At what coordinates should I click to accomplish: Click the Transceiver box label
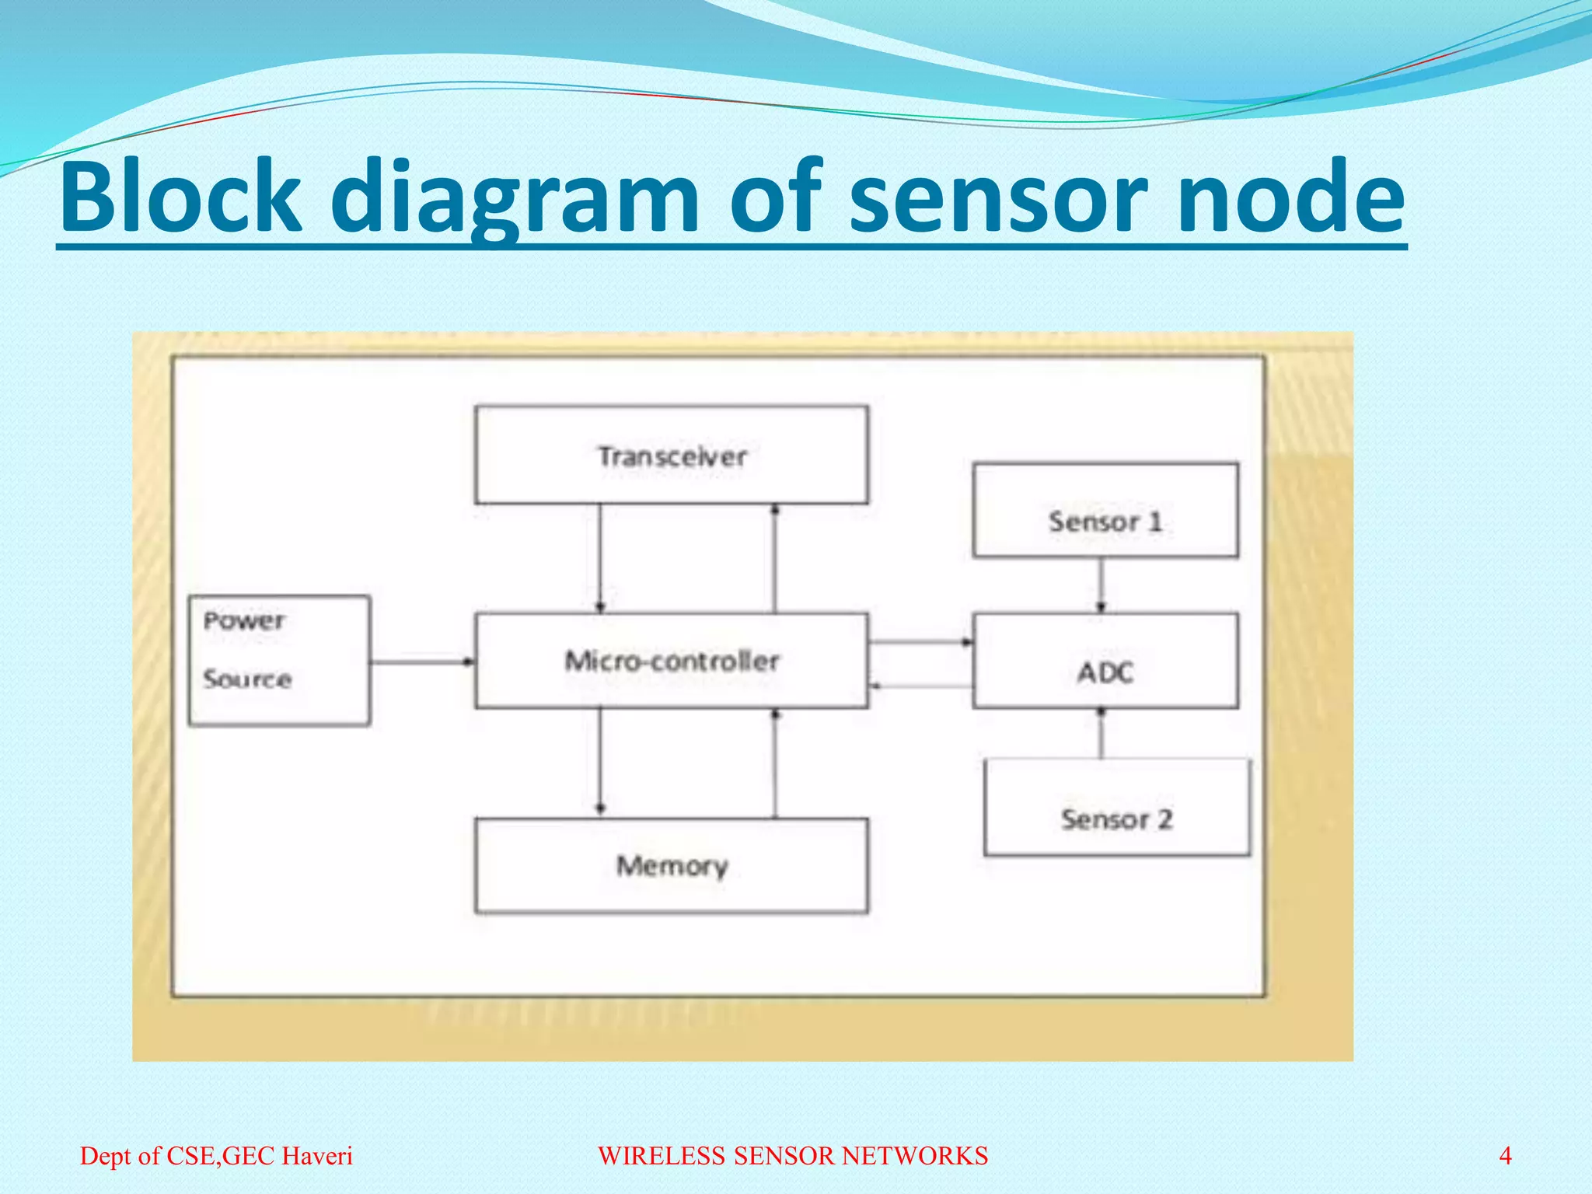click(x=672, y=456)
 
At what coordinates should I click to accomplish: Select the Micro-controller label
click(x=672, y=662)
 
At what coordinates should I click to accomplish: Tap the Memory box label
click(x=672, y=865)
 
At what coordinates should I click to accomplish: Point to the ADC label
click(x=1105, y=672)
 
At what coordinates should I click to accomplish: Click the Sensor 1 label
click(x=1105, y=521)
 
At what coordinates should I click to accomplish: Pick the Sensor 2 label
click(x=1116, y=819)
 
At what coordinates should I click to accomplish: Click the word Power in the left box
click(x=244, y=620)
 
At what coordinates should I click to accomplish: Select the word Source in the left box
click(x=247, y=679)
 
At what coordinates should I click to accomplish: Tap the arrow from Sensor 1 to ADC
click(x=1101, y=585)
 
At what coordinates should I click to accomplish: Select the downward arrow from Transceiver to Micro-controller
click(x=599, y=558)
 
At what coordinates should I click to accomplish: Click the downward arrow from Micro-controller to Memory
click(x=599, y=762)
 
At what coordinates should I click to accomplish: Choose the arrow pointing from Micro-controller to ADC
click(x=920, y=642)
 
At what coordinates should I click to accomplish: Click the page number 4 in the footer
click(x=1505, y=1156)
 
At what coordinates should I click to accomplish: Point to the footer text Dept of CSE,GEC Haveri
click(x=216, y=1156)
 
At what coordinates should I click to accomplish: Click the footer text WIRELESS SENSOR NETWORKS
click(x=793, y=1156)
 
